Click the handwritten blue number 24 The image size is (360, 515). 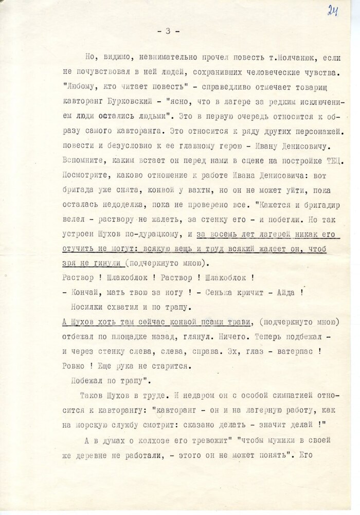(x=332, y=10)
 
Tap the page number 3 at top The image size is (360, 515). (x=167, y=31)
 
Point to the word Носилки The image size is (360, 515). (x=87, y=308)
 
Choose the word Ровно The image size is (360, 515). (x=74, y=366)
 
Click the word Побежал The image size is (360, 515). (x=88, y=381)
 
